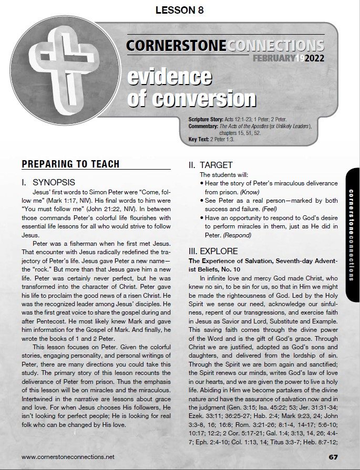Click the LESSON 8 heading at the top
click(x=180, y=10)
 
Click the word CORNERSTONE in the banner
click(x=176, y=46)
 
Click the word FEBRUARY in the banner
click(x=273, y=58)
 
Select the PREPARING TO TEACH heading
click(x=70, y=164)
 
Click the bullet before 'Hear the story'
click(x=202, y=183)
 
